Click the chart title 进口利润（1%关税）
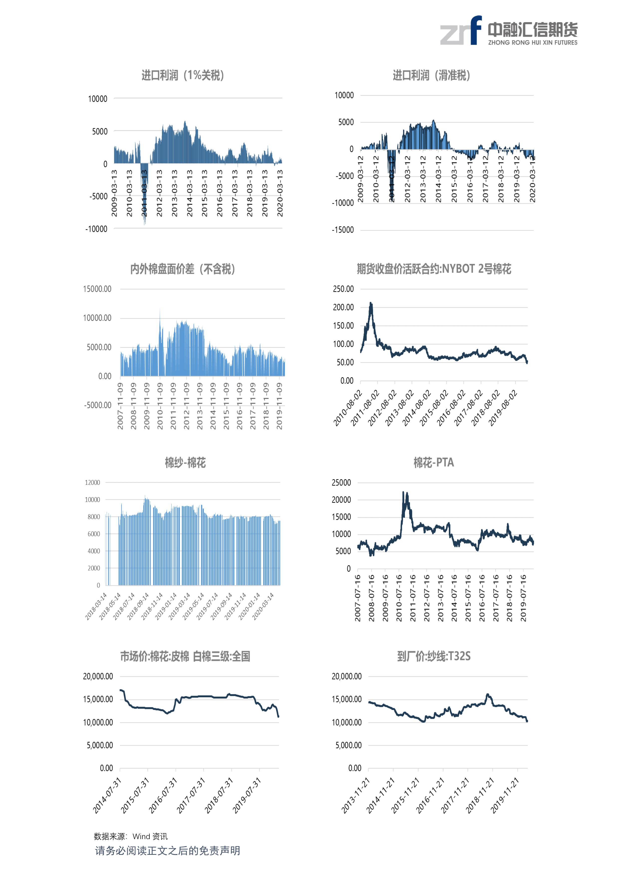(x=182, y=76)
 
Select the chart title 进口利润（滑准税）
(x=431, y=76)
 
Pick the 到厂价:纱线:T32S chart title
(x=434, y=656)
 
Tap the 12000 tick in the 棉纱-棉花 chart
(x=92, y=483)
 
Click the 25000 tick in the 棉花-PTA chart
(x=341, y=483)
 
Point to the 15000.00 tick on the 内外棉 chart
(x=97, y=289)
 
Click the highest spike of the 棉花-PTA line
(x=403, y=492)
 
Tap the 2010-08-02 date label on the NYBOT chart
(x=348, y=408)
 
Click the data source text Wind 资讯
(x=150, y=836)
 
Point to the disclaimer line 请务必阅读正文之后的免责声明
(x=167, y=851)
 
